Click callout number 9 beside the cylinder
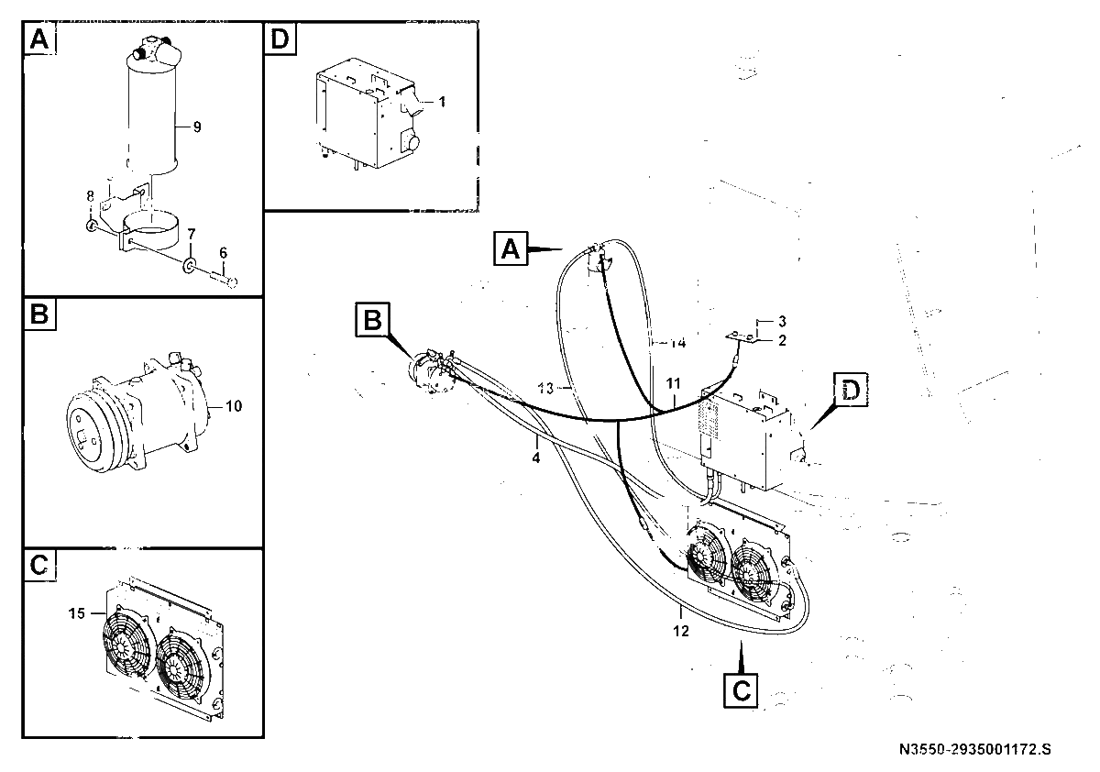[x=197, y=127]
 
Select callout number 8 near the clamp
[x=91, y=196]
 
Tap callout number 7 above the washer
[x=192, y=234]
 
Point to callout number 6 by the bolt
[x=224, y=253]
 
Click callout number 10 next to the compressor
[x=234, y=406]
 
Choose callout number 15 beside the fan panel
[x=77, y=613]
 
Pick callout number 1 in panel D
[x=442, y=102]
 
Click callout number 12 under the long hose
[x=681, y=631]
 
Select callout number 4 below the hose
[x=535, y=458]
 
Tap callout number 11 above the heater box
[x=673, y=383]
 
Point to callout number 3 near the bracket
[x=782, y=321]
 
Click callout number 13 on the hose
[x=545, y=389]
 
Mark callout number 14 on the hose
[x=678, y=343]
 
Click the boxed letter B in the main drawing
[x=372, y=320]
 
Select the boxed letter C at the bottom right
[x=741, y=691]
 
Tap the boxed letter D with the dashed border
[x=851, y=390]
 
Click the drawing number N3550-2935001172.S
[x=974, y=749]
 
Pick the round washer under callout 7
[x=189, y=266]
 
